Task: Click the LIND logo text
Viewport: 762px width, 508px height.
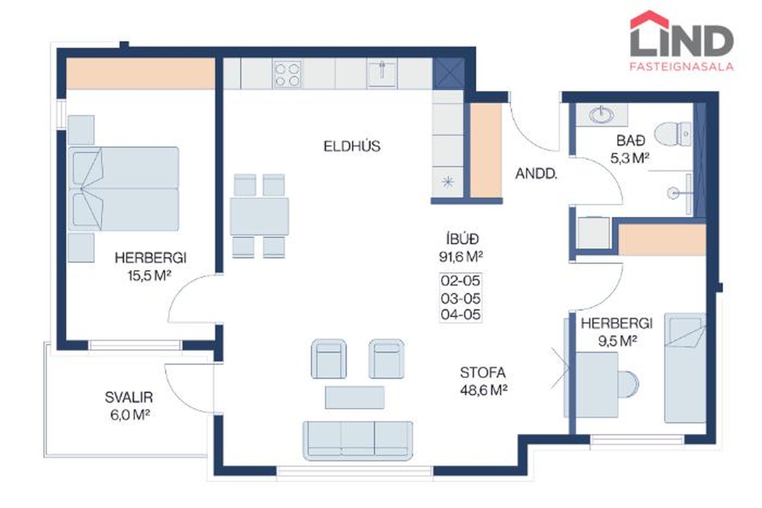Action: pyautogui.click(x=681, y=41)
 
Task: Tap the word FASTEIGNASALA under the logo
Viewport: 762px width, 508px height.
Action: pyautogui.click(x=681, y=67)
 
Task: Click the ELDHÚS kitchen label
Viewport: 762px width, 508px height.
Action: pyautogui.click(x=352, y=146)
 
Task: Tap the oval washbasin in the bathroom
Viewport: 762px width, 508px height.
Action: pyautogui.click(x=601, y=115)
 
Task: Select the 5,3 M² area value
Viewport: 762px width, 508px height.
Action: pyautogui.click(x=630, y=159)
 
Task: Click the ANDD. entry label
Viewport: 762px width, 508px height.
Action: pyautogui.click(x=536, y=174)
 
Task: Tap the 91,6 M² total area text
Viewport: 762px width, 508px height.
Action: pyautogui.click(x=461, y=257)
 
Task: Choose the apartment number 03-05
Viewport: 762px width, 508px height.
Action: pyautogui.click(x=460, y=298)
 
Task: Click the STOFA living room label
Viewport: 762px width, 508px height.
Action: pyautogui.click(x=483, y=373)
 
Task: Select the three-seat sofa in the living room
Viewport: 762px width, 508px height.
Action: pyautogui.click(x=358, y=441)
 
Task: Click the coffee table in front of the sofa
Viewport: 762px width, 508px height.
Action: pyautogui.click(x=355, y=397)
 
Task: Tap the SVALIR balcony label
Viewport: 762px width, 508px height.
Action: pyautogui.click(x=129, y=397)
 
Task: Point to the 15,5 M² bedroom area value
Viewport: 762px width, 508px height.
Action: pyautogui.click(x=149, y=275)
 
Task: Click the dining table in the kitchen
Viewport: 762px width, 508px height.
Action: pyautogui.click(x=260, y=216)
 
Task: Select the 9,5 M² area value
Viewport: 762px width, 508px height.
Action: pyautogui.click(x=618, y=341)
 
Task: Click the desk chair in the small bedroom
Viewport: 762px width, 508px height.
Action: pyautogui.click(x=628, y=384)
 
